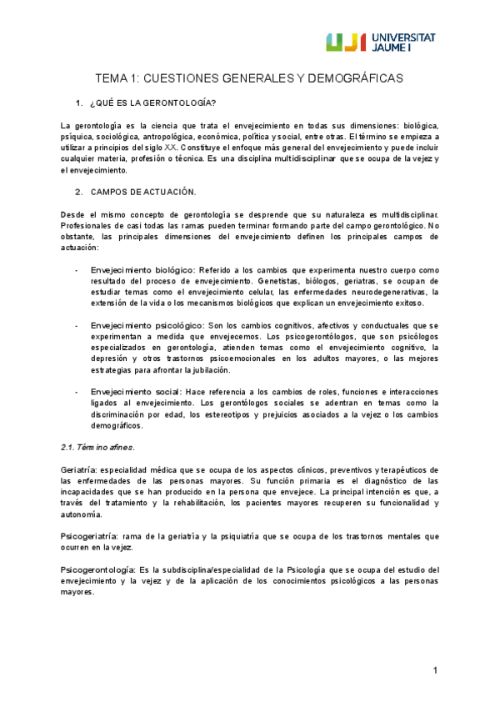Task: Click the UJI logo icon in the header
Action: point(342,42)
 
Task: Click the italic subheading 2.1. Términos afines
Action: point(99,447)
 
